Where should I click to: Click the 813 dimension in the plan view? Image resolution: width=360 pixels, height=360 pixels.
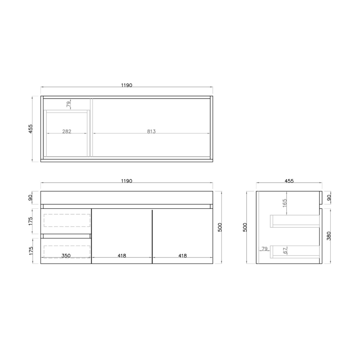click(x=152, y=131)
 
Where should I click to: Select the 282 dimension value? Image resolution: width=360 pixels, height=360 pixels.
click(x=66, y=131)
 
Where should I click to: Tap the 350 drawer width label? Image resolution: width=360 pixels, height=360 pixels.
click(x=66, y=256)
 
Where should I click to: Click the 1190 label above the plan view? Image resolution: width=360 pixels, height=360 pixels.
click(x=127, y=85)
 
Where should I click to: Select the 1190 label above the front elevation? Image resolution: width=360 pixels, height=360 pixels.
click(x=127, y=181)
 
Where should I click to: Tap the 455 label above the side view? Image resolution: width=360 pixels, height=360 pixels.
click(x=289, y=181)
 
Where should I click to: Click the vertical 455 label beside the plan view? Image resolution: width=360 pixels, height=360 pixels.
click(x=30, y=129)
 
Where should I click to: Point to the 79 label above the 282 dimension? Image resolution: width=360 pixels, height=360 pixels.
click(x=68, y=103)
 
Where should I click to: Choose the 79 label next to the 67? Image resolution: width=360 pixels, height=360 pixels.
click(x=265, y=249)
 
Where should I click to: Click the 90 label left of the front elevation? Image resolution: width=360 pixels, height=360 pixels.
click(x=30, y=198)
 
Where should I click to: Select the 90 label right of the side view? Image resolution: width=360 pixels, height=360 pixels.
click(x=329, y=198)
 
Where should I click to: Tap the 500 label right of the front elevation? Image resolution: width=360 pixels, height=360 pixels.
click(x=219, y=227)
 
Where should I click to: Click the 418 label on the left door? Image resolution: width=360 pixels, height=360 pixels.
click(x=122, y=256)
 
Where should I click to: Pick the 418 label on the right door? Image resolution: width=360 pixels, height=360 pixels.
click(x=183, y=256)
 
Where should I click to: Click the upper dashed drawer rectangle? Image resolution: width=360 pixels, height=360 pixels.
click(x=67, y=220)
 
